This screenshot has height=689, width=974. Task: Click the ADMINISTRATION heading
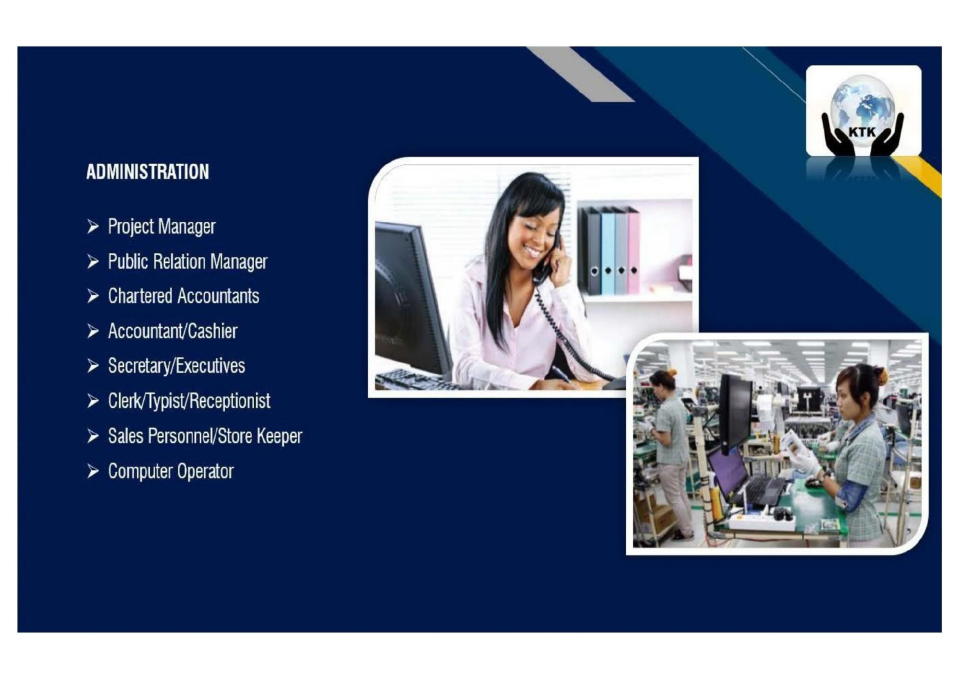pos(148,172)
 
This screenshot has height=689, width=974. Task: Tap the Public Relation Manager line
pos(188,262)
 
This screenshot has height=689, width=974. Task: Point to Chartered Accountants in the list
pos(184,296)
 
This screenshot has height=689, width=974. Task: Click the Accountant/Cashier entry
pos(173,331)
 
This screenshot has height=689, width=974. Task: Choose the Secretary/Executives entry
pos(177,366)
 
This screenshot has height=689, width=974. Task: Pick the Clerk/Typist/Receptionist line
pos(189,401)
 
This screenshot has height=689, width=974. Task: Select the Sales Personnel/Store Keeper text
pos(205,436)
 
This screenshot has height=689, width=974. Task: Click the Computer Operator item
pos(171,471)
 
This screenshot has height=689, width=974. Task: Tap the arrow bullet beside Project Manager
pos(93,227)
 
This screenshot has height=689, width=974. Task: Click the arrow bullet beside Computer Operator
pos(93,472)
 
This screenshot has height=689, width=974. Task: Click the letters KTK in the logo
pos(863,132)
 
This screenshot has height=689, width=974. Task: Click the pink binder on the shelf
pos(633,250)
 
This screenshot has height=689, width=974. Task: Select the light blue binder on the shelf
pos(608,252)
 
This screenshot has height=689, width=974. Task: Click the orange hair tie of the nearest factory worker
pos(879,376)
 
